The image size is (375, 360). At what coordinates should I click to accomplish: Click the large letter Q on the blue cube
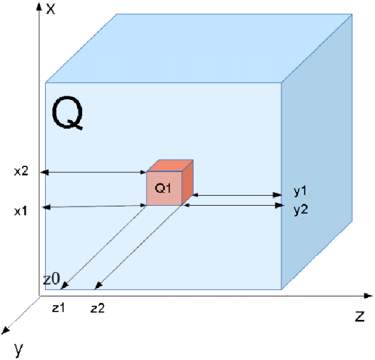(67, 113)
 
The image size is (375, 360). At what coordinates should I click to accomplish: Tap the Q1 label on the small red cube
(163, 188)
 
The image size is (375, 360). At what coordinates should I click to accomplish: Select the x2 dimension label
(21, 171)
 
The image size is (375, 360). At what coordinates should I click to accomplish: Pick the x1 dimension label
(21, 211)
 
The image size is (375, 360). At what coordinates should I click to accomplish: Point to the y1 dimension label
(300, 191)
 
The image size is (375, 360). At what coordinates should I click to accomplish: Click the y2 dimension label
(301, 210)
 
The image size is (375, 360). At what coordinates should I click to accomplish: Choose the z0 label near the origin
(51, 279)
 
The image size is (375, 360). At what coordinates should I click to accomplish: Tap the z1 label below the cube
(59, 308)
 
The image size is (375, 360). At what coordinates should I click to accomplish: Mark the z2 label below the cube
(98, 309)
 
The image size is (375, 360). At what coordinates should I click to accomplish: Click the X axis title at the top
(50, 9)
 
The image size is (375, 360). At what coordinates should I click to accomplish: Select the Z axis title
(359, 316)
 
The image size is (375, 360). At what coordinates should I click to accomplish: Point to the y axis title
(19, 349)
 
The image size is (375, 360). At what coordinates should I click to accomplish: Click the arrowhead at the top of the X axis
(39, 6)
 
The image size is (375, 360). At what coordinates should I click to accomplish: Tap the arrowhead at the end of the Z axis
(369, 296)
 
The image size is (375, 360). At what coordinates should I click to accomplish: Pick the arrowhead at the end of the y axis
(5, 331)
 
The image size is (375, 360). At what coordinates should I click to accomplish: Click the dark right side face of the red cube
(187, 183)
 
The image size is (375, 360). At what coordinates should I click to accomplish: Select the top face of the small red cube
(170, 166)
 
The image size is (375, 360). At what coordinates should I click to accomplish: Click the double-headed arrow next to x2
(94, 172)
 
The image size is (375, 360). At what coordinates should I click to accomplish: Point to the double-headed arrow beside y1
(237, 195)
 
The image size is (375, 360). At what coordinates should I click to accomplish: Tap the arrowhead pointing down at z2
(99, 286)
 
